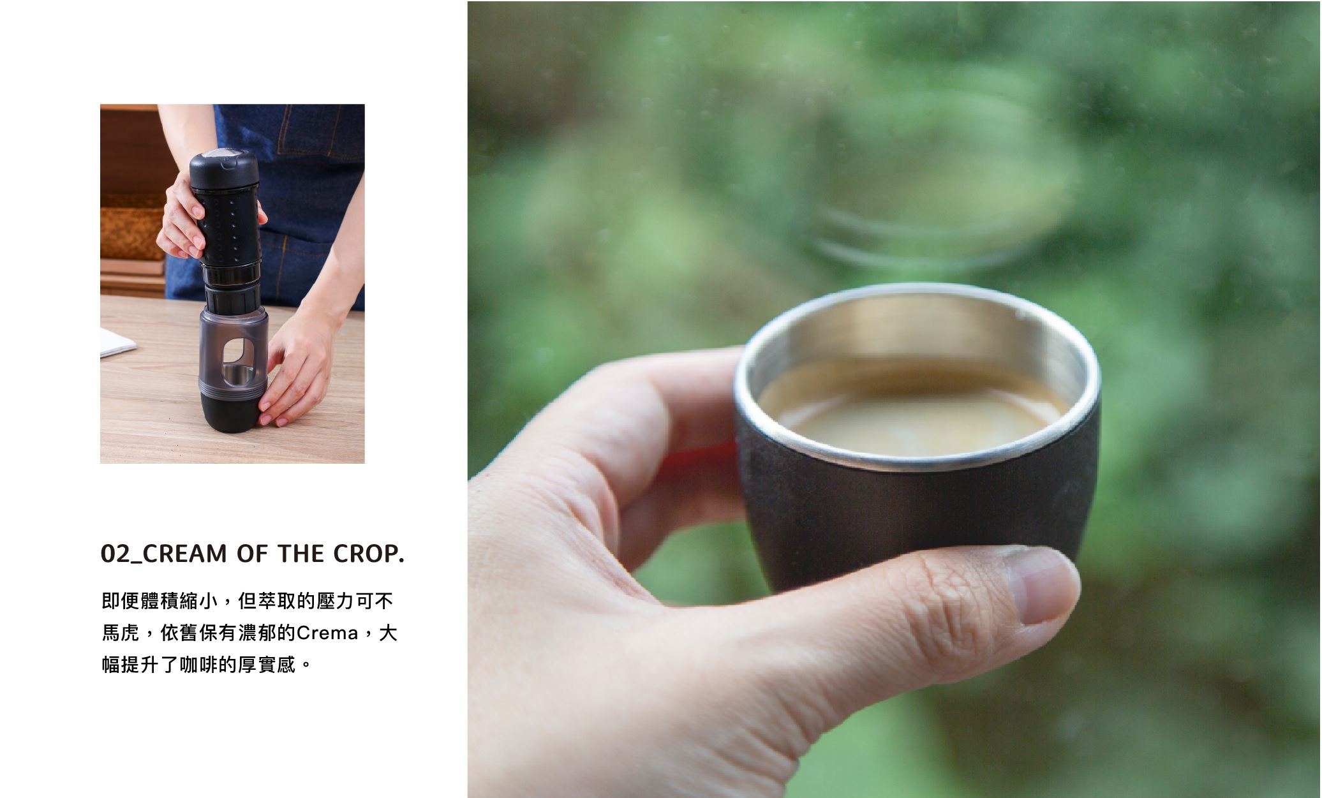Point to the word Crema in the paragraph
coord(327,633)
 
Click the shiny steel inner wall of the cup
coord(919,332)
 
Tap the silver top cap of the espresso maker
coord(223,155)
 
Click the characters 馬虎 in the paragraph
coord(121,633)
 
